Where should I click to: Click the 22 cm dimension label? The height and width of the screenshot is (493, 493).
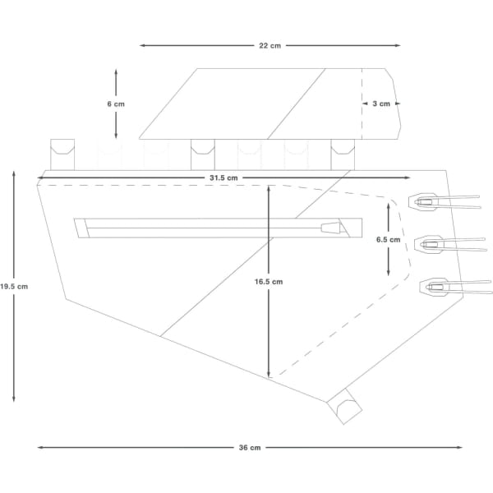(270, 46)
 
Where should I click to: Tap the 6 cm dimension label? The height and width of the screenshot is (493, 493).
(116, 104)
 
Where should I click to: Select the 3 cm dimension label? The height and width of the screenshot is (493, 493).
(381, 104)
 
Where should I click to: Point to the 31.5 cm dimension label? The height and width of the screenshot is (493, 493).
(223, 177)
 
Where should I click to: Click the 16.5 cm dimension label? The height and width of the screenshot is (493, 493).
(268, 281)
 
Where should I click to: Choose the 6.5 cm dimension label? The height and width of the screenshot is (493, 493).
(388, 240)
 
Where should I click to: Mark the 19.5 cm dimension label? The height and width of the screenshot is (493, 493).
(13, 287)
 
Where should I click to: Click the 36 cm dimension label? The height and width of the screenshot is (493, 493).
(250, 448)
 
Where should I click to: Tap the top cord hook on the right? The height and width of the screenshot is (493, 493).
(427, 201)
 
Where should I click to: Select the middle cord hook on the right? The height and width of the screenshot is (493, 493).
(429, 243)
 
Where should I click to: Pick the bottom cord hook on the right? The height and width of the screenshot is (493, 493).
(432, 287)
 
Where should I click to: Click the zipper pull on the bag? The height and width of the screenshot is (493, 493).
(330, 227)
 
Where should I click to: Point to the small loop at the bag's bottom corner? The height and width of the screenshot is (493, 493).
(345, 407)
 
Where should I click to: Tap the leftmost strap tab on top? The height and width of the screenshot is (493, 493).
(63, 152)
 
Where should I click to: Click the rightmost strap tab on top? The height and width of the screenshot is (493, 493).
(343, 152)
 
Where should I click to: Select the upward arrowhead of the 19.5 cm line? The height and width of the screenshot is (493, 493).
(13, 174)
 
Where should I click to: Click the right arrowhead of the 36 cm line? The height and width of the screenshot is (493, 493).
(460, 448)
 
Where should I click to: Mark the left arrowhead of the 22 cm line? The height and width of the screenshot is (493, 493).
(142, 46)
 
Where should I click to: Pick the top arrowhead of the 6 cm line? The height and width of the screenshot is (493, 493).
(116, 72)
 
